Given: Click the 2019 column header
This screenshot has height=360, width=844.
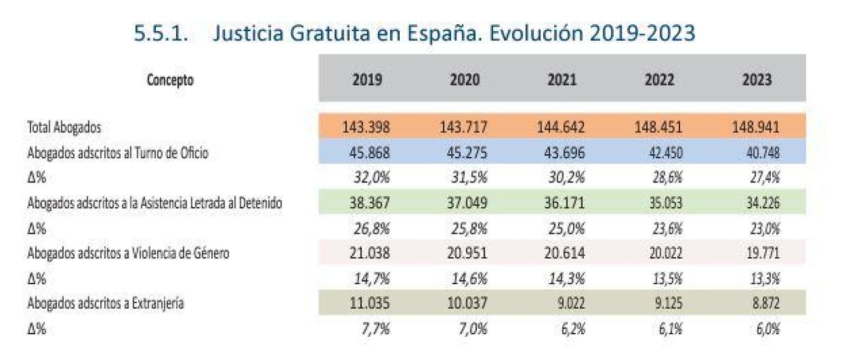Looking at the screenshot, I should [367, 80].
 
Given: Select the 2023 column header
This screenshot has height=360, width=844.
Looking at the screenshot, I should [756, 80].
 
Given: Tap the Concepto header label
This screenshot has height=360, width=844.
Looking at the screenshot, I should [170, 80].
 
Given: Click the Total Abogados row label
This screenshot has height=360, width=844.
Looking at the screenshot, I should [64, 127].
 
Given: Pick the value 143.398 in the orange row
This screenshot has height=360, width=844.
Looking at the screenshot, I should [366, 127].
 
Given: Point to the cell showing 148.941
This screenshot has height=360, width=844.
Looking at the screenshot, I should [755, 127].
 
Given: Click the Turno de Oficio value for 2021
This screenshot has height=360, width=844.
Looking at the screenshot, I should [564, 152].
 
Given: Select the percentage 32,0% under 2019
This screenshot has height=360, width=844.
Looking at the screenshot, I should [371, 177].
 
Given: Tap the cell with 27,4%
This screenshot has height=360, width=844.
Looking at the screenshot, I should [764, 177].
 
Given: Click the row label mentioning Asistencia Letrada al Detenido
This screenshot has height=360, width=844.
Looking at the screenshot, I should [154, 203].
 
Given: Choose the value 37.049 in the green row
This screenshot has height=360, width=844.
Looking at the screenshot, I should [467, 203].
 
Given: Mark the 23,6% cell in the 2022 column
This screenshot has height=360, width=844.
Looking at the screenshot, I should [667, 228].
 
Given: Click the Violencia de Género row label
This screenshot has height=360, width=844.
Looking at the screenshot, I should [128, 253].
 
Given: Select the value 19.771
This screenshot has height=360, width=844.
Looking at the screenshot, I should [762, 253].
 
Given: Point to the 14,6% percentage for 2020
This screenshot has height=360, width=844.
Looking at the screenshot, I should [469, 279].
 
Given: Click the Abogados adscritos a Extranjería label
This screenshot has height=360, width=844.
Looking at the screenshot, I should [105, 303].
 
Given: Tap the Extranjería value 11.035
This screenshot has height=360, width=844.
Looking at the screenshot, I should [369, 303].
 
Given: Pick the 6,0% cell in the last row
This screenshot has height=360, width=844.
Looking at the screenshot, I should [767, 329].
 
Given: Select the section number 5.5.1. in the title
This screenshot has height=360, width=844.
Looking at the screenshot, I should [161, 33].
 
